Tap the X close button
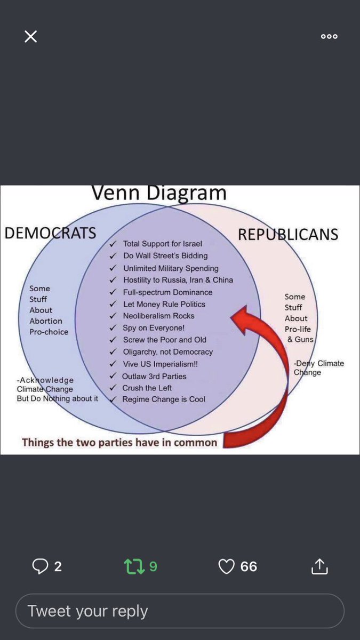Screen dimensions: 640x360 click(x=31, y=36)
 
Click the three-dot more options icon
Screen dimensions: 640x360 click(x=329, y=36)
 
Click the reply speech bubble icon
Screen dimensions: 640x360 click(x=40, y=566)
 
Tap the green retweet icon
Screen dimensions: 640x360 click(x=133, y=566)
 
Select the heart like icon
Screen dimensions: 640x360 click(x=227, y=566)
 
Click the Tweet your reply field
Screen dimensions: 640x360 click(x=179, y=611)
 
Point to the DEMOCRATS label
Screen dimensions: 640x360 click(x=50, y=233)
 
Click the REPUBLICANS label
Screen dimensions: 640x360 click(x=288, y=234)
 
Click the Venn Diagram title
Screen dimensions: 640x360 click(x=159, y=193)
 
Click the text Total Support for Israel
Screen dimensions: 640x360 click(x=163, y=244)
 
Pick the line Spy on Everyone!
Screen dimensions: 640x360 click(x=154, y=328)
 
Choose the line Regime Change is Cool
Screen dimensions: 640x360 click(x=164, y=399)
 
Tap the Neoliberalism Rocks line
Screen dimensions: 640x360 click(x=158, y=316)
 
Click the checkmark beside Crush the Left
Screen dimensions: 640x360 click(x=113, y=388)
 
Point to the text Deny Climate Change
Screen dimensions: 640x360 click(x=318, y=367)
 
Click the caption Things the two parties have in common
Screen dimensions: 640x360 click(x=119, y=442)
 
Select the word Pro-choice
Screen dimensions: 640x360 click(x=49, y=332)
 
